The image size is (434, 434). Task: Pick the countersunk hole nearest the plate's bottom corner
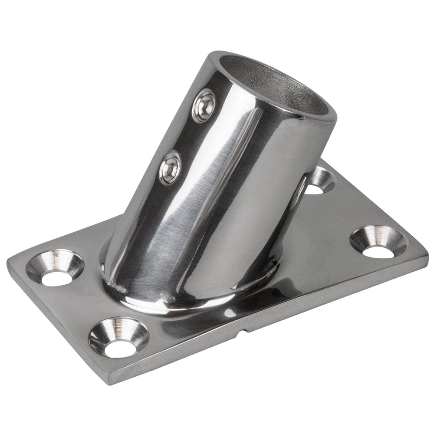(118, 337)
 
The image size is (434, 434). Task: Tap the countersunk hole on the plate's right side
(378, 241)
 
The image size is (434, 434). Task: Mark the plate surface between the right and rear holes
(347, 208)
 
